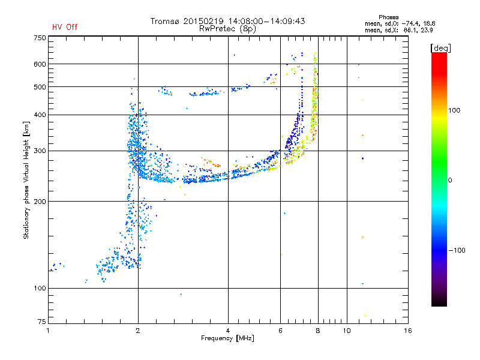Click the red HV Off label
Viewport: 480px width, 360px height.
65,27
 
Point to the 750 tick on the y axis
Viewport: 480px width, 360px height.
40,38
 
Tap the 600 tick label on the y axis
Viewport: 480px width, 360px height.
40,64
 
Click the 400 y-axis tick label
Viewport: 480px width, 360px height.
40,115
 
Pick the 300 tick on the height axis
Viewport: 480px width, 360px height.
40,151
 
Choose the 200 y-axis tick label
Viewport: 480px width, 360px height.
40,201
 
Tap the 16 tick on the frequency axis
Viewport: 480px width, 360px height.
407,331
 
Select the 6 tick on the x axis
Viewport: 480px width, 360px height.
281,331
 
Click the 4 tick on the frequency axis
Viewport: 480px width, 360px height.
228,331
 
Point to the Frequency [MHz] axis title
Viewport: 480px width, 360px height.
227,338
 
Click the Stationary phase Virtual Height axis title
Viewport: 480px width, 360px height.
26,180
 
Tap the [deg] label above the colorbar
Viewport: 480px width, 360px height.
441,47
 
